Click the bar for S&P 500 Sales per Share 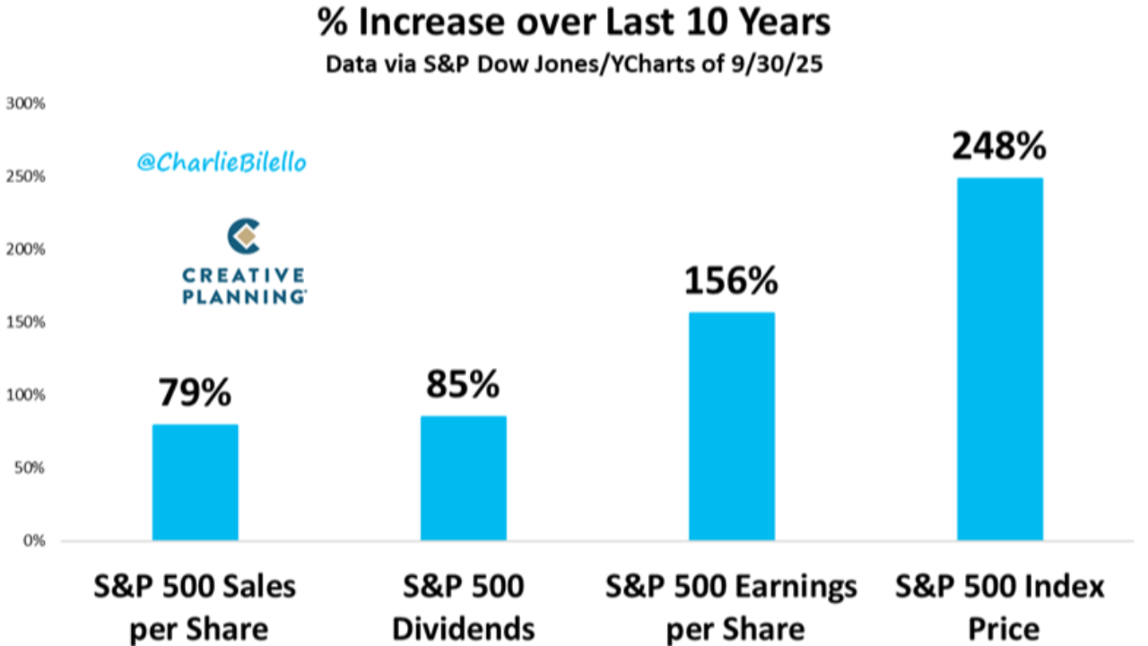[195, 483]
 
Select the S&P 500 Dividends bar [463, 478]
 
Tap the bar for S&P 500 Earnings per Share [731, 426]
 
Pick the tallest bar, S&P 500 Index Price [999, 359]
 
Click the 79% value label [195, 393]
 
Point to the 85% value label [463, 385]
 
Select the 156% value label [731, 281]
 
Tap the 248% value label [999, 146]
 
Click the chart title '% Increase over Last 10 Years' [574, 24]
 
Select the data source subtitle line [574, 65]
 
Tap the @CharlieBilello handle [222, 162]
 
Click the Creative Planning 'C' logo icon [243, 236]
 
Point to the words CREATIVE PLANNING [244, 285]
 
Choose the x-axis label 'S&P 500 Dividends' [463, 607]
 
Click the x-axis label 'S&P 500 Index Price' [999, 607]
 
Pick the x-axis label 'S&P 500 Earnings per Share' [731, 607]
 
